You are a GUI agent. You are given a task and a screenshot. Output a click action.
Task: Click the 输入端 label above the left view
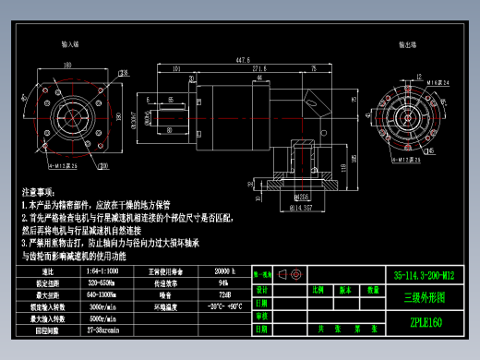70,43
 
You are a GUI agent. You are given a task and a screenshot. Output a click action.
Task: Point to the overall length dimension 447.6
243,60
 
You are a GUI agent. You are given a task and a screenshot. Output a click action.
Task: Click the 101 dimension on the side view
174,68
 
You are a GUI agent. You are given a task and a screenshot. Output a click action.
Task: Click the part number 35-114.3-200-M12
424,274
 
